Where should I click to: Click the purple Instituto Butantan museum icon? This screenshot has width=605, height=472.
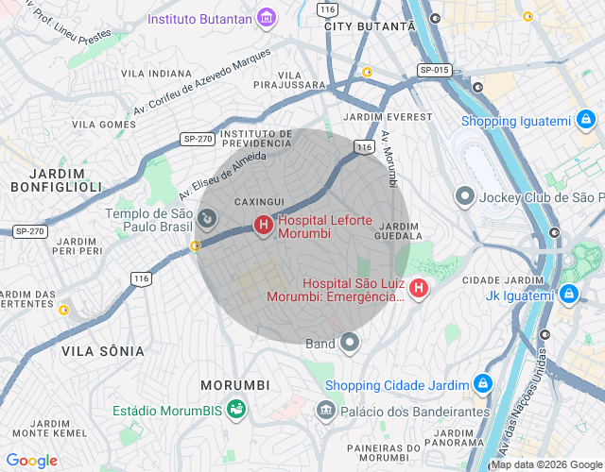click(x=268, y=18)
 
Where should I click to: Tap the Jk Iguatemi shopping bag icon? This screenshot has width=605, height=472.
click(x=567, y=295)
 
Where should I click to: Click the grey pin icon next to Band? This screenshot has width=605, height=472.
click(x=350, y=343)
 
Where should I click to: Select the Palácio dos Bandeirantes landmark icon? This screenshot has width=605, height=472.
click(x=326, y=411)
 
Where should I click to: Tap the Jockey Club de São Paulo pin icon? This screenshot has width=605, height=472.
click(x=464, y=196)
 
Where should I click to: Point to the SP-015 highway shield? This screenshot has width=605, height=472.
click(x=435, y=70)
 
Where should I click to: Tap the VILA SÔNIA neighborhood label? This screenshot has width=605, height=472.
click(x=103, y=351)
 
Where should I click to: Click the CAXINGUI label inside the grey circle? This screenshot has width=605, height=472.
click(x=258, y=202)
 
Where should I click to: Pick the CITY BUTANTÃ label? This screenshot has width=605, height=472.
click(x=369, y=26)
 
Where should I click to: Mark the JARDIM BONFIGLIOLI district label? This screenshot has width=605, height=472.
click(x=66, y=180)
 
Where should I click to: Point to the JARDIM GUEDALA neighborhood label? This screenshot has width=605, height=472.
click(x=397, y=231)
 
